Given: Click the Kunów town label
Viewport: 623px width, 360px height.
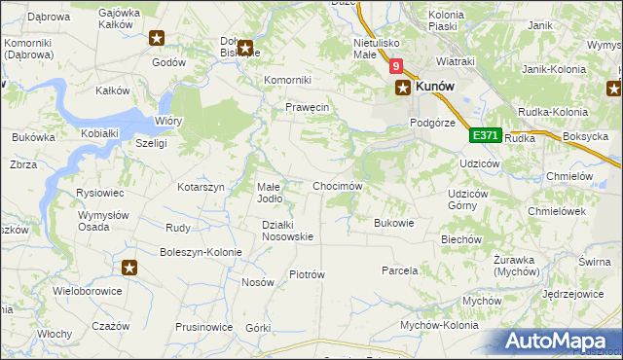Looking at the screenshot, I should [436, 87].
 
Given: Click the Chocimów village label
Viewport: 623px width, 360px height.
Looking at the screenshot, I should [337, 186].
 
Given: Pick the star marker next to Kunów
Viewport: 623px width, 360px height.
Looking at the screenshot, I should [402, 88].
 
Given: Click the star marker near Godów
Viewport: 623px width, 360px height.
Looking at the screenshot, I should [158, 39].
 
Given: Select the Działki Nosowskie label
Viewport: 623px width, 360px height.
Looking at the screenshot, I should [287, 230].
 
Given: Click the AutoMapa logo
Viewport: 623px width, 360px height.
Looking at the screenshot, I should [558, 341].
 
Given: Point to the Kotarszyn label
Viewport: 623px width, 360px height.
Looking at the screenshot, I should [201, 186].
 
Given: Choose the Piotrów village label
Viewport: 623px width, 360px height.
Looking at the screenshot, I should [307, 274].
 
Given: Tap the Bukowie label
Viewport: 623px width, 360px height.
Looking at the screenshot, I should [394, 223].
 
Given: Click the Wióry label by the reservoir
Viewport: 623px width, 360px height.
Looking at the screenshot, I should [167, 122].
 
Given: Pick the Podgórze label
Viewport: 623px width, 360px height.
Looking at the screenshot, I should [432, 122].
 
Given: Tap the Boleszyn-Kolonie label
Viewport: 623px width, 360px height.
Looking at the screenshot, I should [202, 252].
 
